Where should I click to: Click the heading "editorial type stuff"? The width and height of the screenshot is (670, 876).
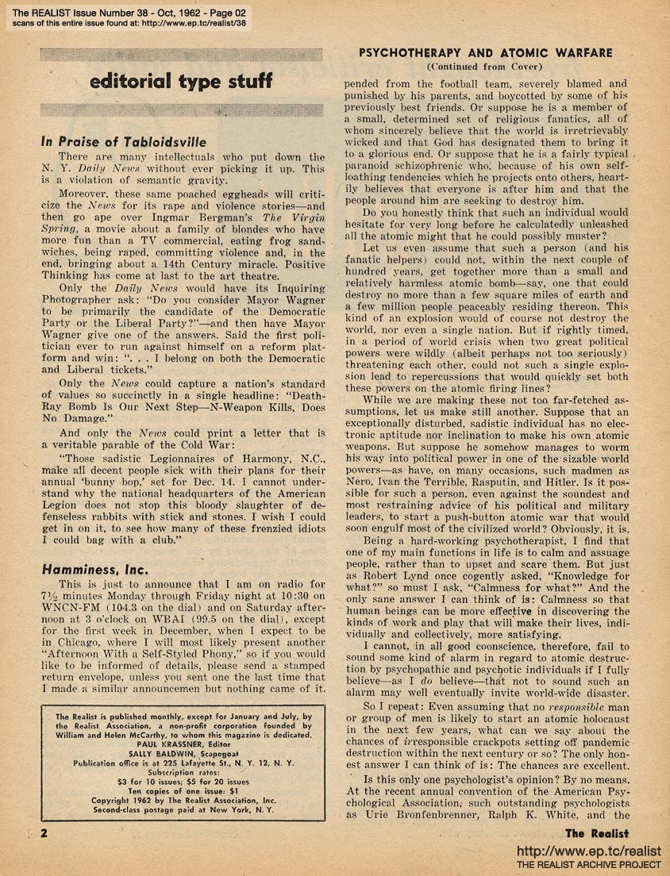point(181,81)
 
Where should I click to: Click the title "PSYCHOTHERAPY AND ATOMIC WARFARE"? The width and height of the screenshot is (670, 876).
point(486,52)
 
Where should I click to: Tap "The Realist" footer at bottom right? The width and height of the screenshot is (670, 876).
point(596,833)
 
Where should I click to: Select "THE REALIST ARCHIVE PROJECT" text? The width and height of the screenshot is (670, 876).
point(588,864)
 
